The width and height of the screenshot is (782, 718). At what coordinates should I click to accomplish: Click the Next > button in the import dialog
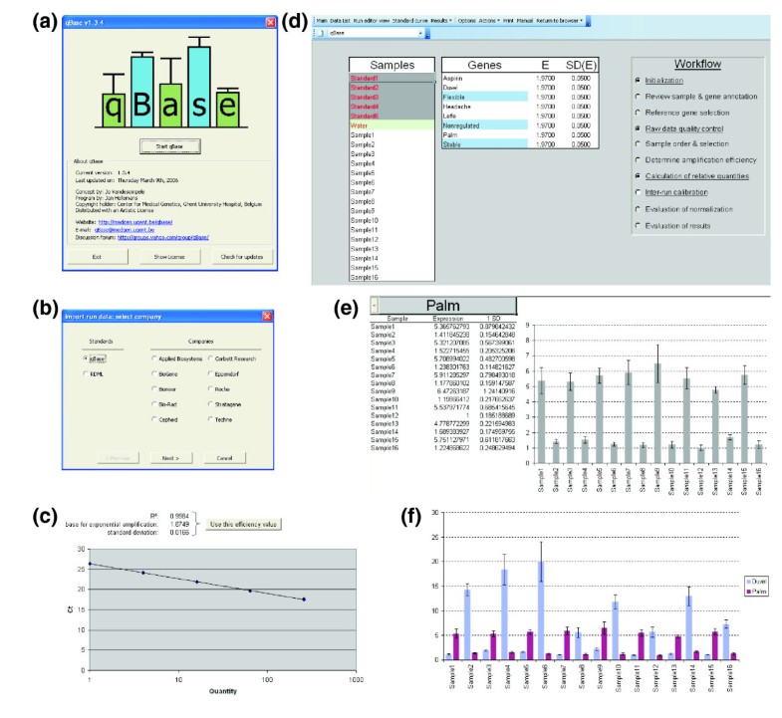pos(171,458)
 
